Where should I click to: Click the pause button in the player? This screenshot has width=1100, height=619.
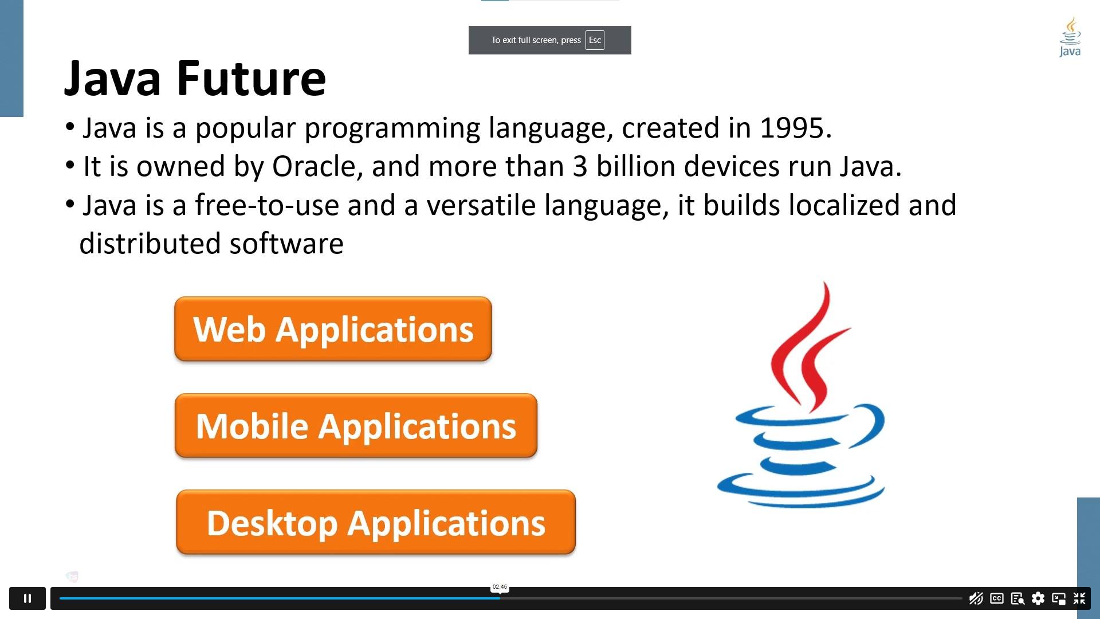(x=27, y=598)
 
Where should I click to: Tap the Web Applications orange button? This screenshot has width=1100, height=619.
(x=333, y=329)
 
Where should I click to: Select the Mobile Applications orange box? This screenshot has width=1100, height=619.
(x=356, y=426)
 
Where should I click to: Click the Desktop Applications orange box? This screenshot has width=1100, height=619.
(x=376, y=523)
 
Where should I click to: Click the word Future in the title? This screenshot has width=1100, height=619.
(x=251, y=79)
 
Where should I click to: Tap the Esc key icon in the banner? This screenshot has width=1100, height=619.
(x=595, y=40)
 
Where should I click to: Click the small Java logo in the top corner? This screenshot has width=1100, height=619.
(x=1070, y=37)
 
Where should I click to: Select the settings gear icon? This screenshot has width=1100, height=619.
(x=1038, y=598)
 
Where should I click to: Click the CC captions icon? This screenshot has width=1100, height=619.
(x=996, y=598)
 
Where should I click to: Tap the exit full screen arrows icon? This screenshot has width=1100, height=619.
(x=1079, y=598)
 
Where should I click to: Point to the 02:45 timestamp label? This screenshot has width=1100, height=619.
(x=500, y=587)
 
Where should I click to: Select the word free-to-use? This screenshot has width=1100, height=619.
(x=267, y=205)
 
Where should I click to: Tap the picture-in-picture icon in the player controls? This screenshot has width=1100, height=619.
(x=1058, y=598)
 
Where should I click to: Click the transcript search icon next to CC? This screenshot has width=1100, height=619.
(x=1017, y=598)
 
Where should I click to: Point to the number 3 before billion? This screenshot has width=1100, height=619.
(x=580, y=167)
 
